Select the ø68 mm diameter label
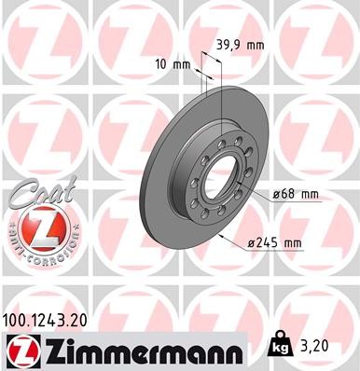pos(296,194)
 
